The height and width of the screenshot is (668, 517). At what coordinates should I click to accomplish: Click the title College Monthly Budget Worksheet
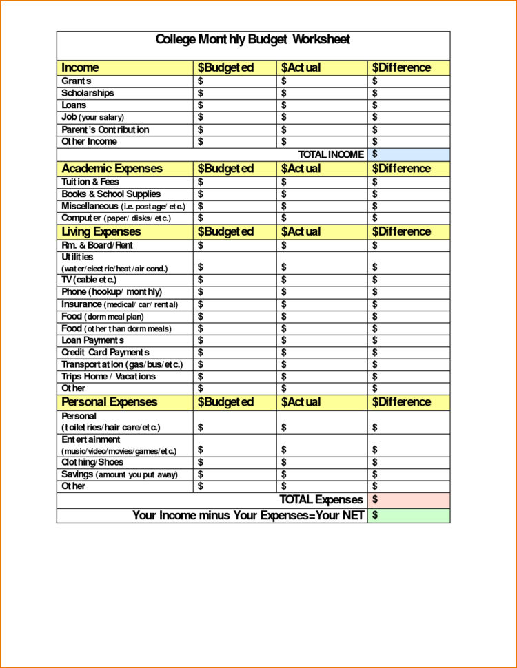pos(253,39)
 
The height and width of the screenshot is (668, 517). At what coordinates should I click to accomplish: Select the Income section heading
pos(80,67)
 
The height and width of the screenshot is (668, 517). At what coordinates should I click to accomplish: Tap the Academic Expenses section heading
pos(112,169)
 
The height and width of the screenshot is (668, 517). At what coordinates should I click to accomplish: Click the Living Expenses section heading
pos(101,231)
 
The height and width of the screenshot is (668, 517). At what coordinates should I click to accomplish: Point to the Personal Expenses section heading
pos(109,402)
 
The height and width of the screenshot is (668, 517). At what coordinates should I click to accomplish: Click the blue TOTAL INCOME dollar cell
pos(409,154)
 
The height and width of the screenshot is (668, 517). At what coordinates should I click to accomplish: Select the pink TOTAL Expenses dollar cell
pos(409,499)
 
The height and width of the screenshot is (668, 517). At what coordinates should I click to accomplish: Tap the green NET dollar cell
pos(409,515)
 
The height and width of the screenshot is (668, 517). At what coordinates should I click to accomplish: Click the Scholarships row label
pos(88,93)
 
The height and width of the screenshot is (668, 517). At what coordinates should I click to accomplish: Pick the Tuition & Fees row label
pos(90,182)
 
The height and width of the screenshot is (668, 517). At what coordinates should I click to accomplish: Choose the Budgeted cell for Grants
pos(235,81)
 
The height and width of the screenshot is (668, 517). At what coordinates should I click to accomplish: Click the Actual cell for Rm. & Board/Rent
pos(322,245)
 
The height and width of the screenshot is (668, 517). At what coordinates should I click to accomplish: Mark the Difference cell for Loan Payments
pos(409,340)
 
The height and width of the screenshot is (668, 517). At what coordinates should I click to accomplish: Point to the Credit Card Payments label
pos(105,353)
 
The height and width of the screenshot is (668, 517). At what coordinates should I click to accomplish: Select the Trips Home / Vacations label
pos(108,377)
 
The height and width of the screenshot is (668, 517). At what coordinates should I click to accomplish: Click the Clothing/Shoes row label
pos(92,462)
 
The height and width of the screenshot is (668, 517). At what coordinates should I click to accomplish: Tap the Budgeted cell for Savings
pos(235,474)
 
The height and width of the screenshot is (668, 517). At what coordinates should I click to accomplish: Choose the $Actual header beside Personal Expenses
pos(301,402)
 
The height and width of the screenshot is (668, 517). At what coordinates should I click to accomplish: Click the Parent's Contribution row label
pos(105,129)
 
